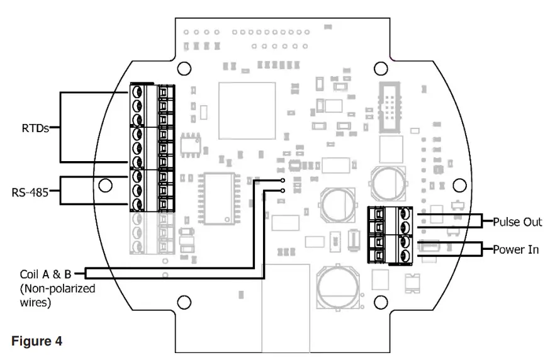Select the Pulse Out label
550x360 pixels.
pyautogui.click(x=517, y=222)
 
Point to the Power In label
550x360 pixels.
pyautogui.click(x=517, y=250)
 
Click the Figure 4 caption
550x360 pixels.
pyautogui.click(x=36, y=341)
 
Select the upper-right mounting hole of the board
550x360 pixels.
pyautogui.click(x=380, y=68)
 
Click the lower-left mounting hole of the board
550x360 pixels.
pyautogui.click(x=183, y=302)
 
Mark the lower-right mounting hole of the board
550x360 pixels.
pyautogui.click(x=380, y=302)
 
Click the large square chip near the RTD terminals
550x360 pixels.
pyautogui.click(x=247, y=110)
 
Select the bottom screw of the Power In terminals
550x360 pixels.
pyautogui.click(x=405, y=256)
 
